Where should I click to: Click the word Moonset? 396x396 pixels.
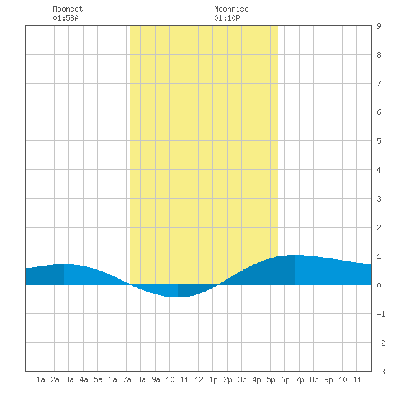[68, 9]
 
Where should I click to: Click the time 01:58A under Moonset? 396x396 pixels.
[66, 18]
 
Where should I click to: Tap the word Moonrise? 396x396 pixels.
[231, 9]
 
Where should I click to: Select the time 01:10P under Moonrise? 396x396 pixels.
[227, 18]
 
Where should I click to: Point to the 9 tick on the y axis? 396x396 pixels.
[379, 26]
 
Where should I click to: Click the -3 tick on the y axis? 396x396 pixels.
[381, 372]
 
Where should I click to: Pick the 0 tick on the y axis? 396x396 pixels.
[379, 285]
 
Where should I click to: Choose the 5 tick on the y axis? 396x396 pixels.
[379, 141]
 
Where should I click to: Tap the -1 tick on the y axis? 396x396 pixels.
[381, 314]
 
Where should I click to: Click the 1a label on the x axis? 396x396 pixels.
[40, 379]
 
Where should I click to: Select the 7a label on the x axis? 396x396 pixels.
[127, 379]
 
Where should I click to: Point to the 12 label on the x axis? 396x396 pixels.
[199, 379]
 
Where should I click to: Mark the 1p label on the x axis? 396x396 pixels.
[213, 379]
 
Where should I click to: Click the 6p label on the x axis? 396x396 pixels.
[285, 379]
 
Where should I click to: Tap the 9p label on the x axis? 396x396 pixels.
[328, 379]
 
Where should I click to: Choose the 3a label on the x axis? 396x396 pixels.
[69, 379]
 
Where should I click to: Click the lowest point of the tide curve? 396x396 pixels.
[178, 297]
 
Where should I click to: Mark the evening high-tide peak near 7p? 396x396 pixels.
[295, 256]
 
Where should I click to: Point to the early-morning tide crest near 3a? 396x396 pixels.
[64, 264]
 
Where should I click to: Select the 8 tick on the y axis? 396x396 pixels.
[379, 55]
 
